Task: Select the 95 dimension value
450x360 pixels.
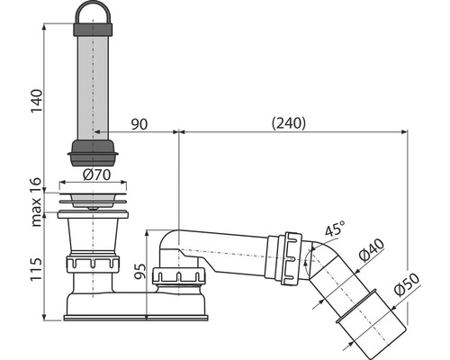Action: coord(137,272)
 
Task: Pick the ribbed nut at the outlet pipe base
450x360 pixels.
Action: coord(181,275)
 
